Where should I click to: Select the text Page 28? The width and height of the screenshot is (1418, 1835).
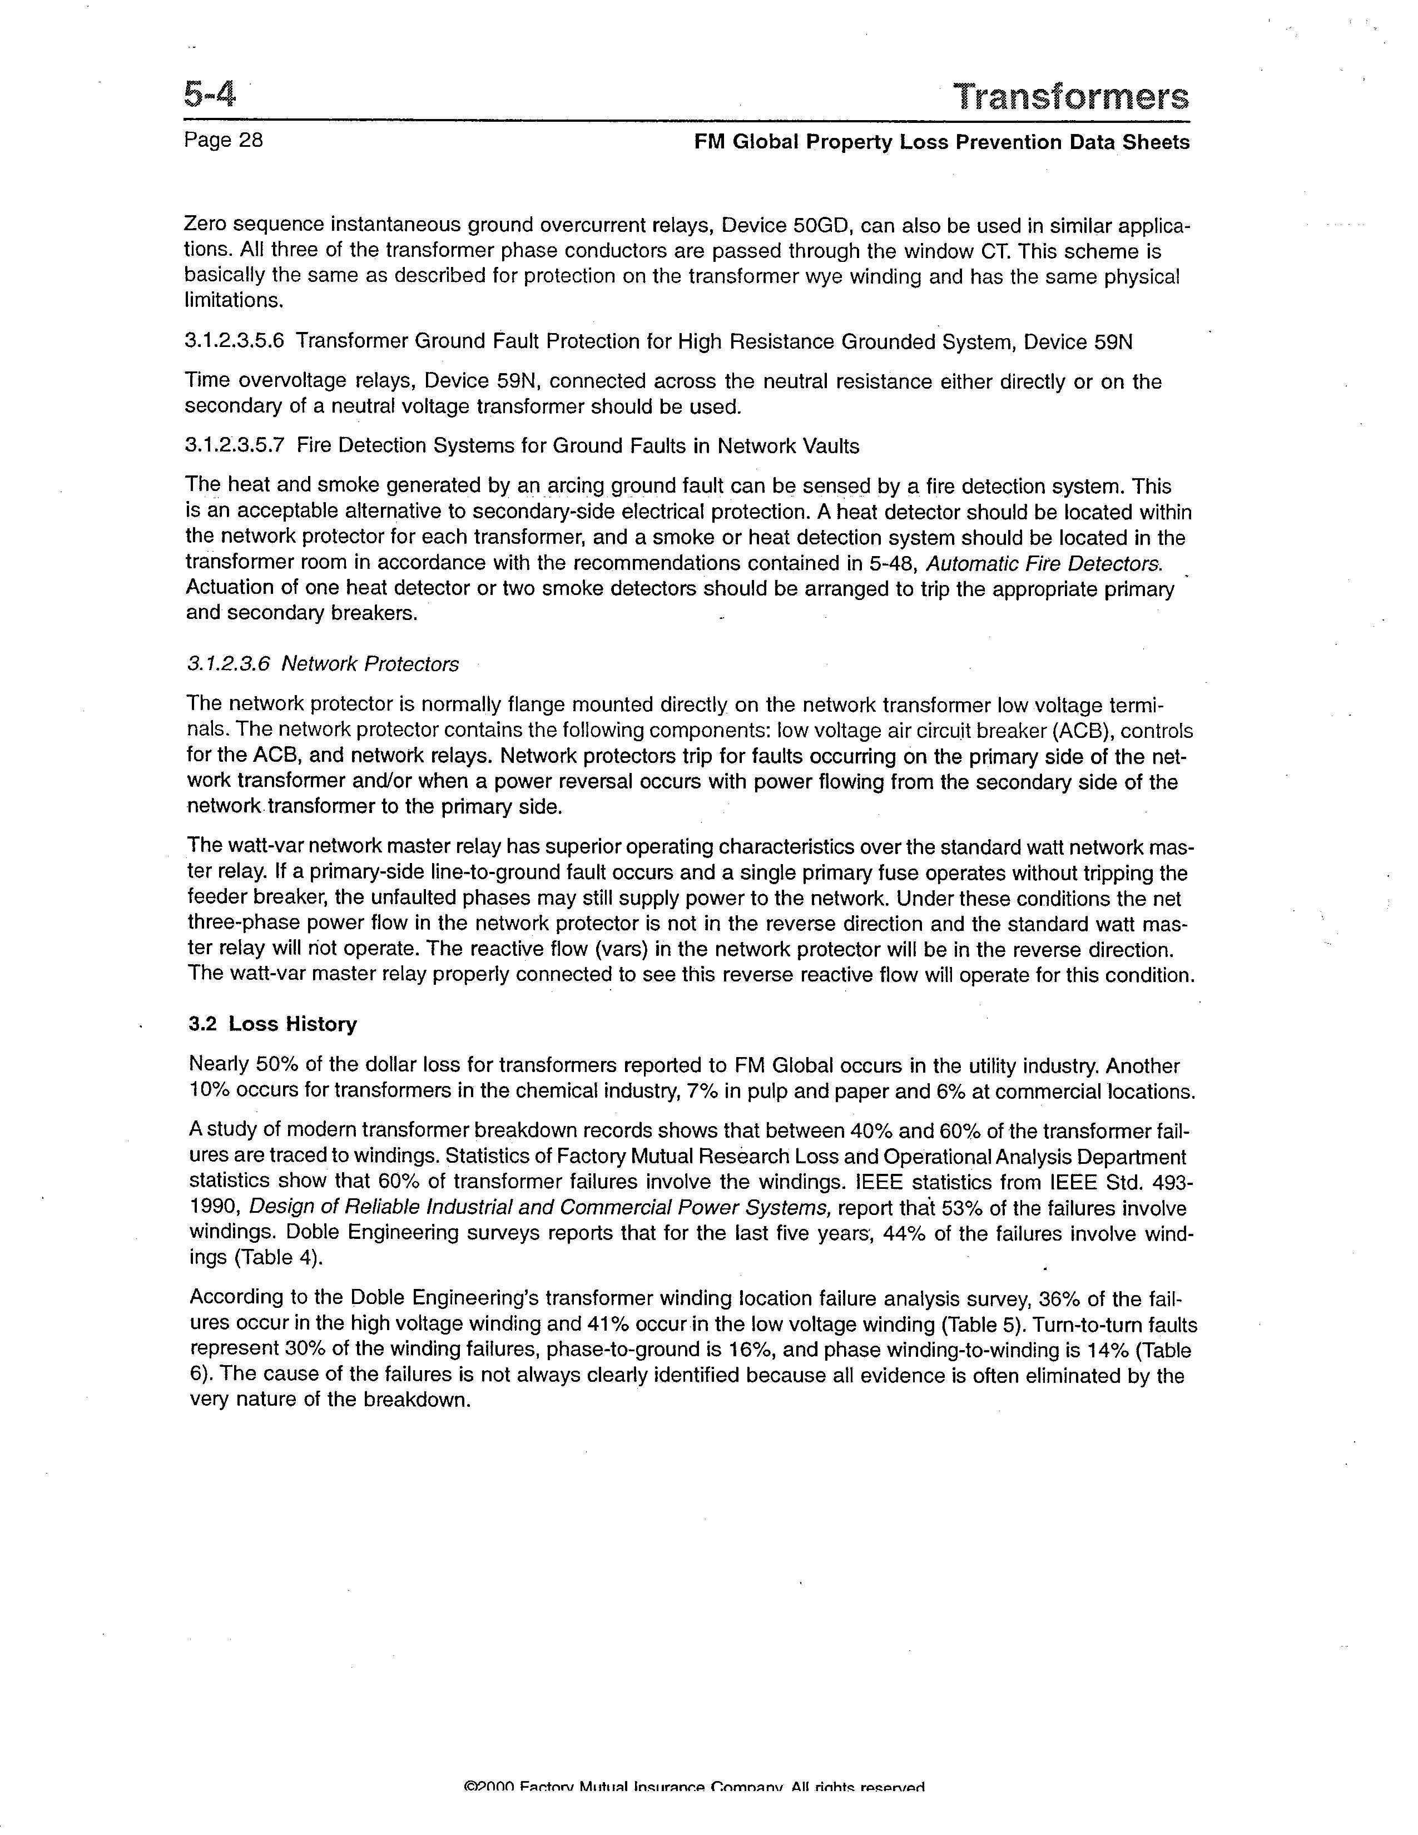(224, 140)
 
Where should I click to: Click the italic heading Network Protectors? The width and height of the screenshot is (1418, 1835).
(370, 664)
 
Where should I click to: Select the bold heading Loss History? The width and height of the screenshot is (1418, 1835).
(292, 1024)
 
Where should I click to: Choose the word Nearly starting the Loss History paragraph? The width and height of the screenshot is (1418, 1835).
(219, 1065)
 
